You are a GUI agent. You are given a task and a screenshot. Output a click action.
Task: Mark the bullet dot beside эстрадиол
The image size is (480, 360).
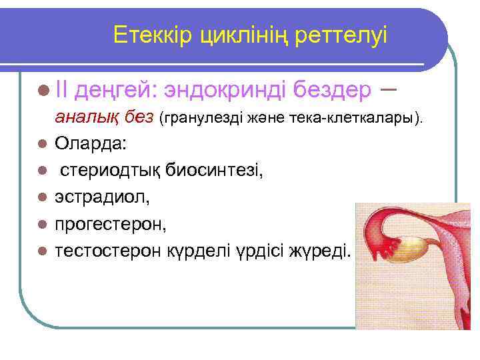(x=42, y=199)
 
